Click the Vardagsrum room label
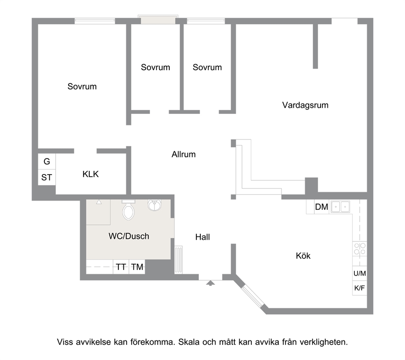coord(305,105)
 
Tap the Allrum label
coord(183,154)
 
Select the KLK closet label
coord(90,174)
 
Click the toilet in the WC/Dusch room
coord(128,210)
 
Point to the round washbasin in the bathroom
coord(154,205)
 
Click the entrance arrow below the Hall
coord(211,283)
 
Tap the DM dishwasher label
coord(322,207)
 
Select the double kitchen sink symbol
coord(340,206)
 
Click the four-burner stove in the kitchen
coord(360,248)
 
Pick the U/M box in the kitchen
coord(360,273)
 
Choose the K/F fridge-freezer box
coord(360,288)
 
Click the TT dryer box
coord(121,266)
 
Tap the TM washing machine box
coord(137,266)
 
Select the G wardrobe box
coord(47,161)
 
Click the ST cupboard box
coord(47,177)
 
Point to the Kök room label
coord(303,256)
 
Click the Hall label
coord(202,237)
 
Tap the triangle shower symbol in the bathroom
coord(99,202)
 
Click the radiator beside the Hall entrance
coord(178,259)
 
